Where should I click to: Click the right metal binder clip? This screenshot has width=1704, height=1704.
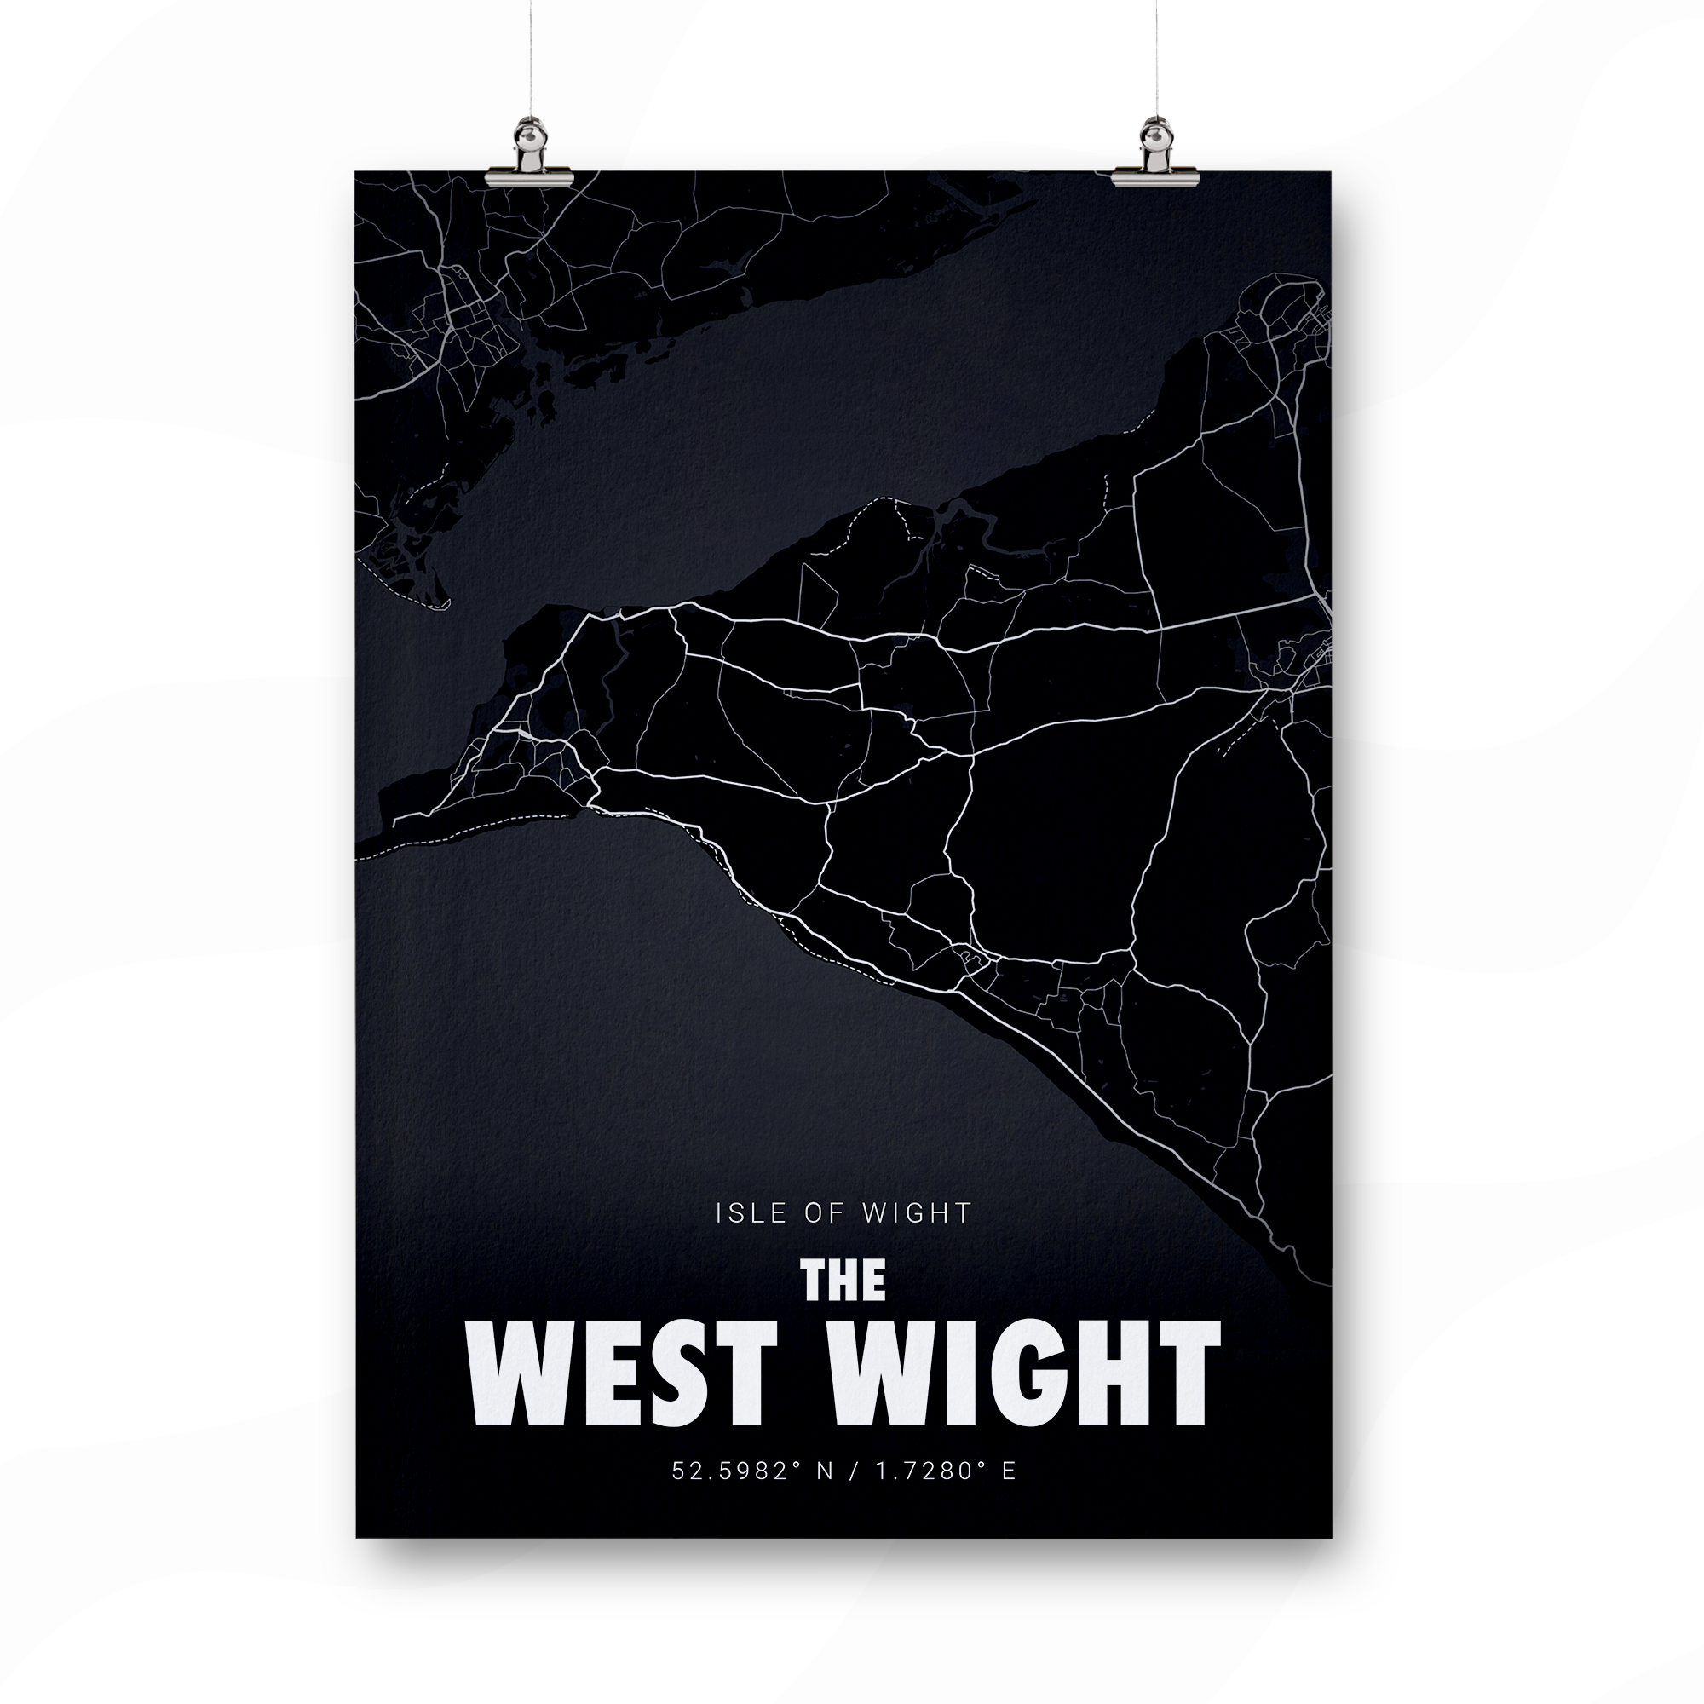click(1154, 158)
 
